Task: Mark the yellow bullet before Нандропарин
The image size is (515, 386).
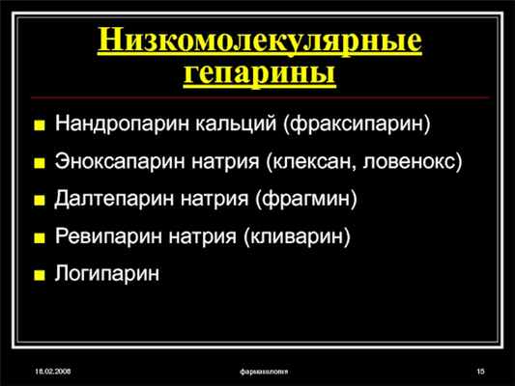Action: [39, 124]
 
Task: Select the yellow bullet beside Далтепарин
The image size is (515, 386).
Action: [39, 200]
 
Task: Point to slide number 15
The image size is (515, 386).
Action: [479, 372]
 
